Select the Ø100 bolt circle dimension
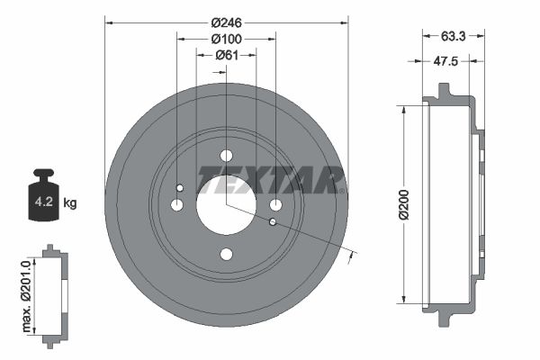(226, 39)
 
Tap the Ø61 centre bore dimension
(226, 56)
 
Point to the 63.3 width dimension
(454, 38)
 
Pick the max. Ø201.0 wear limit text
(26, 293)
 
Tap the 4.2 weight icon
(42, 197)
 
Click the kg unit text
(70, 203)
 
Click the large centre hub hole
(226, 204)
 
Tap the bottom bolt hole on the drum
(226, 255)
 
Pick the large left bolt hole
(177, 205)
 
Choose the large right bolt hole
(275, 205)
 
